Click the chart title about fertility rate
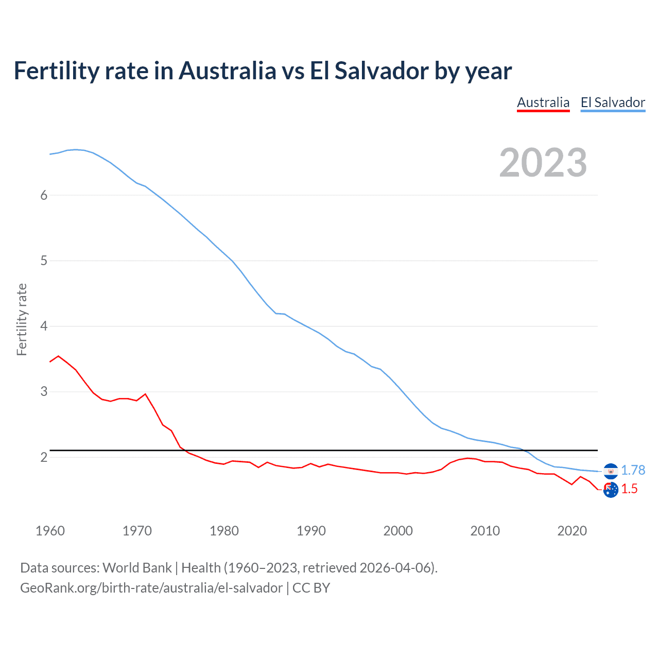tap(263, 71)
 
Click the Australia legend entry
tap(543, 102)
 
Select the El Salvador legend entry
tap(613, 102)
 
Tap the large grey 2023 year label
tap(543, 163)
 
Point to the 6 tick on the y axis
tap(44, 195)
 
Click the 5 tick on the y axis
tap(44, 261)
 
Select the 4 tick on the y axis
tap(44, 326)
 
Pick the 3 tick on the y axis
tap(44, 391)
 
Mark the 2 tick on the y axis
tap(44, 457)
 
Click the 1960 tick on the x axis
tap(50, 531)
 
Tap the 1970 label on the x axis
tap(137, 531)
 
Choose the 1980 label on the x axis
tap(224, 531)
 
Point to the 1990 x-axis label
tap(311, 531)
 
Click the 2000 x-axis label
tap(398, 531)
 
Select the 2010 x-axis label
tap(485, 531)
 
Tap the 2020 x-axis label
tap(572, 531)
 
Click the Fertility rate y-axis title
tap(22, 319)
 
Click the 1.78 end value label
tap(633, 470)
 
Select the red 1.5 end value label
tap(629, 489)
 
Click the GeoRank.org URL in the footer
tap(151, 588)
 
